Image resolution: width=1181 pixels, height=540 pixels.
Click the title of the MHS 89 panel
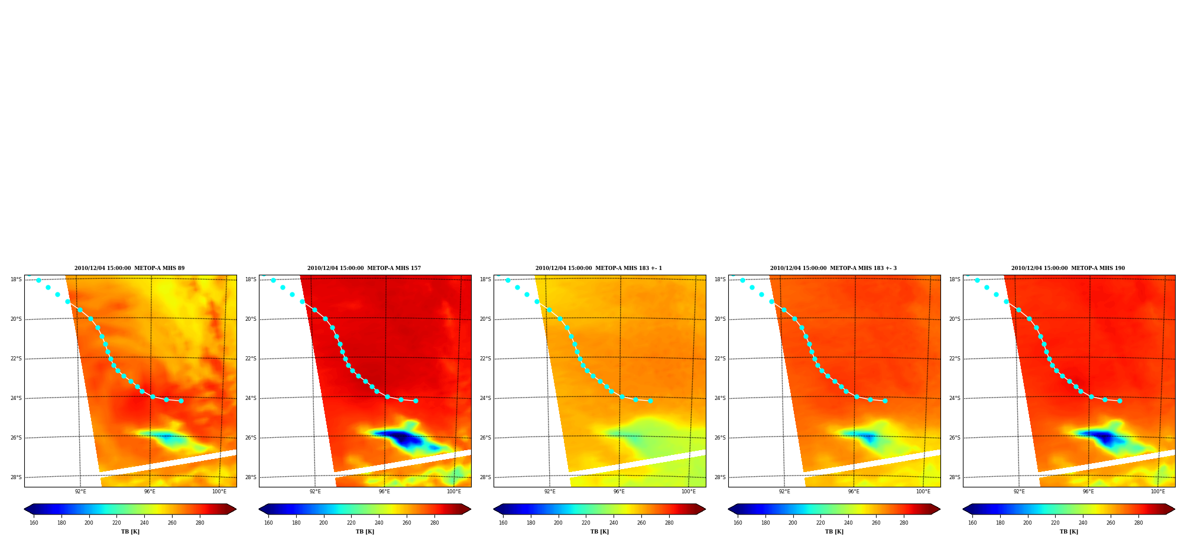click(129, 268)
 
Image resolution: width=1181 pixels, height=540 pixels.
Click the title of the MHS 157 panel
click(364, 268)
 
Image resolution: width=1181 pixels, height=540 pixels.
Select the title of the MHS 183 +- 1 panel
click(599, 268)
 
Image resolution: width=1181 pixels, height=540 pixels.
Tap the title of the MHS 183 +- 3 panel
click(833, 268)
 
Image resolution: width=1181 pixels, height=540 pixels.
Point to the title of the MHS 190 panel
click(1068, 268)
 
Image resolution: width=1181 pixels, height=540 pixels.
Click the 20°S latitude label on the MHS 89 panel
click(16, 319)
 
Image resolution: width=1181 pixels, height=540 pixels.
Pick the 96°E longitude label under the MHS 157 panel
click(384, 492)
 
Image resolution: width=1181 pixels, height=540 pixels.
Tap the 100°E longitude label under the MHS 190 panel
click(1157, 492)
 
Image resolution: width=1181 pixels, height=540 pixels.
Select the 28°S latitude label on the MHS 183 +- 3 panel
click(720, 477)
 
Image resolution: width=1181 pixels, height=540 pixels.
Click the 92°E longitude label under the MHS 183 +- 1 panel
click(550, 492)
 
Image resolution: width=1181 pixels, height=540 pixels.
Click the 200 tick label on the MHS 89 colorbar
click(89, 523)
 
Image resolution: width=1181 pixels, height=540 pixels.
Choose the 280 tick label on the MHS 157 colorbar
click(434, 523)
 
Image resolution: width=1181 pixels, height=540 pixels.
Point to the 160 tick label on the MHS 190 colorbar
click(972, 523)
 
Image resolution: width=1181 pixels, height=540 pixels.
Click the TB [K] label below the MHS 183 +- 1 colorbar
click(599, 532)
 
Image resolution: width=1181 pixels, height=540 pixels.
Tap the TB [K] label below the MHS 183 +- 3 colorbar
click(834, 532)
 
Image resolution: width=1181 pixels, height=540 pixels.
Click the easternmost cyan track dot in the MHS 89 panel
click(181, 401)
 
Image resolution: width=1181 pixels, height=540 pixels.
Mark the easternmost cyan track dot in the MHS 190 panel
click(1120, 401)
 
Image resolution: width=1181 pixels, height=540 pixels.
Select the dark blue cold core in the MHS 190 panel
click(1104, 438)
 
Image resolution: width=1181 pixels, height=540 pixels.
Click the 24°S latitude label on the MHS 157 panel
click(251, 398)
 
